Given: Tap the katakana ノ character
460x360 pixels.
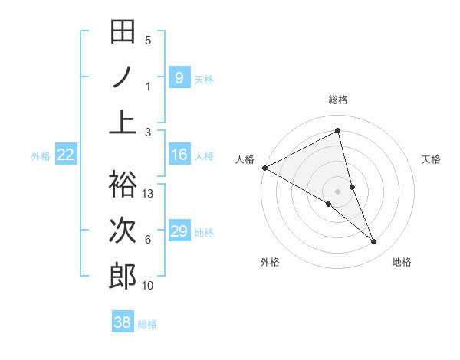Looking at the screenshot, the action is (x=123, y=77).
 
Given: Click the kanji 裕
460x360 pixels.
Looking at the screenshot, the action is (x=123, y=184).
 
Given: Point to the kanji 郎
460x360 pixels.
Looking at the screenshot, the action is (x=123, y=276).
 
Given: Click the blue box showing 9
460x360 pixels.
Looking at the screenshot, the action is (x=179, y=77).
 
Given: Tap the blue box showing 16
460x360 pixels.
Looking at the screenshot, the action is (x=179, y=155).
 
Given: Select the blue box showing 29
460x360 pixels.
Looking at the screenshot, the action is (x=179, y=231).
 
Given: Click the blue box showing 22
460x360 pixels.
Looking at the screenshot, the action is (x=66, y=155).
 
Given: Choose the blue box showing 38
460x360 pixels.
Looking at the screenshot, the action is (x=123, y=322).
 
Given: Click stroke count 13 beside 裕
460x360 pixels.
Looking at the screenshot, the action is (x=149, y=194).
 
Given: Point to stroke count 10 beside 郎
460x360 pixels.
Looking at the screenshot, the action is (x=149, y=286).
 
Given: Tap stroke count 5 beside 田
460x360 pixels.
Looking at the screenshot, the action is (x=148, y=41).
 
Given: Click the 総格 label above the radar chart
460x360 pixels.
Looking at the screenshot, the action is (x=338, y=100).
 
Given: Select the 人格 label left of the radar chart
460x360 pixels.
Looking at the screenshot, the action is (x=245, y=159).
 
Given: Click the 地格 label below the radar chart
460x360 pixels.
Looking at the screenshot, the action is (x=402, y=262).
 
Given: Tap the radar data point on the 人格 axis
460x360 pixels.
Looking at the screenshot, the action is (x=264, y=167).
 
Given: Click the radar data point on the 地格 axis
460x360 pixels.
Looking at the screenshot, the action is (x=374, y=242).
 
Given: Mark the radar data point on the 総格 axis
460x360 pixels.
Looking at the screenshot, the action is (x=338, y=130).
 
